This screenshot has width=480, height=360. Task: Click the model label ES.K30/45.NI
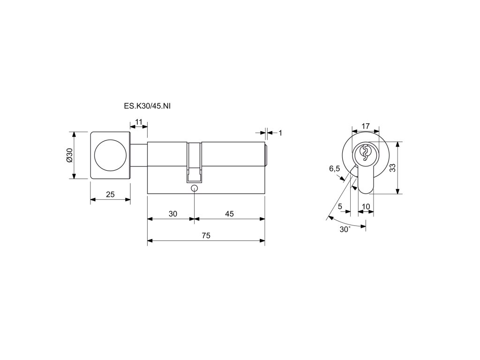tap(147, 106)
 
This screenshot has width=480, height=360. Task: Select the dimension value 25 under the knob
tap(110, 195)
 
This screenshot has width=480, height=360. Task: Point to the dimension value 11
tap(139, 122)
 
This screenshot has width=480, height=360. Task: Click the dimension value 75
tap(206, 235)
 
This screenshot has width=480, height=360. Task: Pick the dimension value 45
tap(229, 214)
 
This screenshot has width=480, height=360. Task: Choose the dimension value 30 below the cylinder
tap(173, 214)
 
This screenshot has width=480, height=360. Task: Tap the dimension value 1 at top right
tap(280, 133)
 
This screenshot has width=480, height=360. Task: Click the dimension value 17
tap(366, 126)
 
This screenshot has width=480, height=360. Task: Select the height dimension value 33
tap(392, 167)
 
